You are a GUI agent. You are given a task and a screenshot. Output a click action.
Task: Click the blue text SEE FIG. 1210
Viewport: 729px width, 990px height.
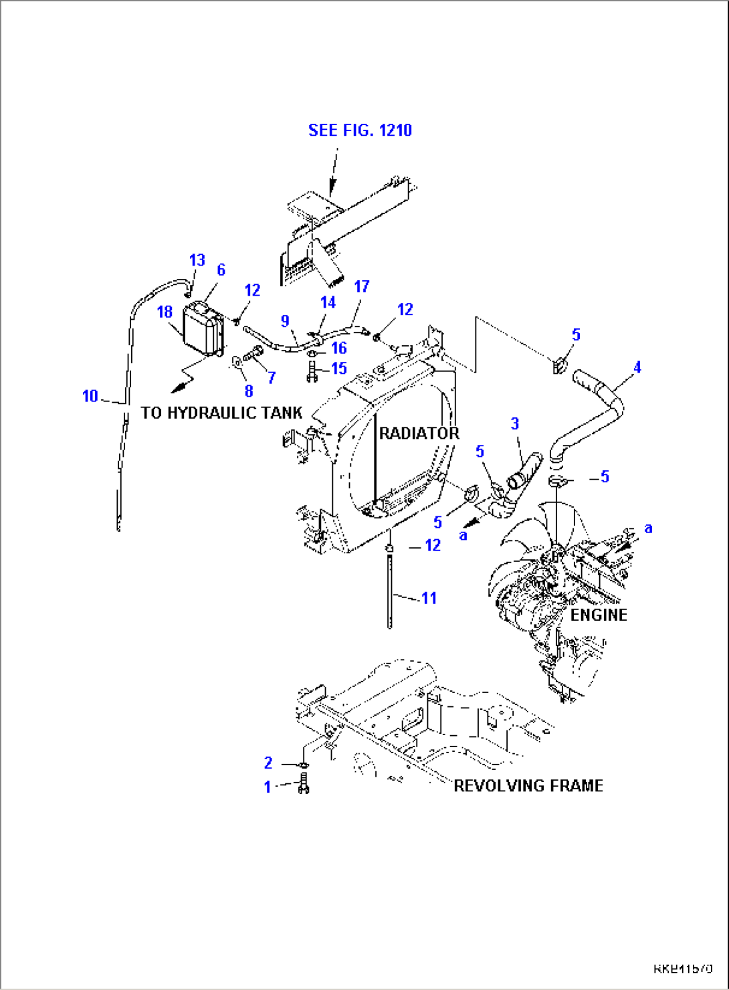[360, 130]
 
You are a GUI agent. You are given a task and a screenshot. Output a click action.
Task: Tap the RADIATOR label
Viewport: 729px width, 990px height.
[419, 433]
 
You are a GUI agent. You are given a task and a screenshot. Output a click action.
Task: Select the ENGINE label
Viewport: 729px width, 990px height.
[599, 615]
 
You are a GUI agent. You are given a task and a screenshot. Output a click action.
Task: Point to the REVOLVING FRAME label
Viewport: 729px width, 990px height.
[528, 785]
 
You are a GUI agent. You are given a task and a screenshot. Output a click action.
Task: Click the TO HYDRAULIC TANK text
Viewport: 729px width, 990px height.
[221, 413]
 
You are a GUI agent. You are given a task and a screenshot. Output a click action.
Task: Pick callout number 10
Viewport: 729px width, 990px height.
[90, 396]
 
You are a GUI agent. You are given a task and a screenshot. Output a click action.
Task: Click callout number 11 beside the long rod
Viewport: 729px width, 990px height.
[429, 598]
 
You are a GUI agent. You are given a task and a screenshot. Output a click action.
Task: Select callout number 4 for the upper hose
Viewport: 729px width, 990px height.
[637, 367]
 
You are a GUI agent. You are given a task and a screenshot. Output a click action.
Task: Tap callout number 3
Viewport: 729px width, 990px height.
[514, 423]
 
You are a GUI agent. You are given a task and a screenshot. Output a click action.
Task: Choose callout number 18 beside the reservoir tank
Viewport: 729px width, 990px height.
[165, 312]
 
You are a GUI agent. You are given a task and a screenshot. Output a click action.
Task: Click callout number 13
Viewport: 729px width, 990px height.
[197, 260]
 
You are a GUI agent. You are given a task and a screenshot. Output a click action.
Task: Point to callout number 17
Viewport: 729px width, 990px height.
[361, 287]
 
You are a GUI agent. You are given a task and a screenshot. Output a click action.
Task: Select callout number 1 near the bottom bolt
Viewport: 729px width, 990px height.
[268, 787]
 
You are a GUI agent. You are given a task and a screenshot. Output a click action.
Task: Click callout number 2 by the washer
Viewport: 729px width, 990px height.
[268, 763]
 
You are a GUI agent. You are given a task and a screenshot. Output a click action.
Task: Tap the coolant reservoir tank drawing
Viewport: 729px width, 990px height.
[203, 331]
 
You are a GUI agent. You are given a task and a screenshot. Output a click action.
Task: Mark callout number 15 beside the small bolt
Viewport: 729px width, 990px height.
[339, 369]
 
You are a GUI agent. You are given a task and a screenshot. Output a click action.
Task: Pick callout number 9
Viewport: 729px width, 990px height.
[285, 321]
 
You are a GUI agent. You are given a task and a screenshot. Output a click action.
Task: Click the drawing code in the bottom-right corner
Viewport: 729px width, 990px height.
[683, 969]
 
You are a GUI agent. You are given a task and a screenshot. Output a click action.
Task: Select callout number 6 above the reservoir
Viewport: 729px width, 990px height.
[221, 270]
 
